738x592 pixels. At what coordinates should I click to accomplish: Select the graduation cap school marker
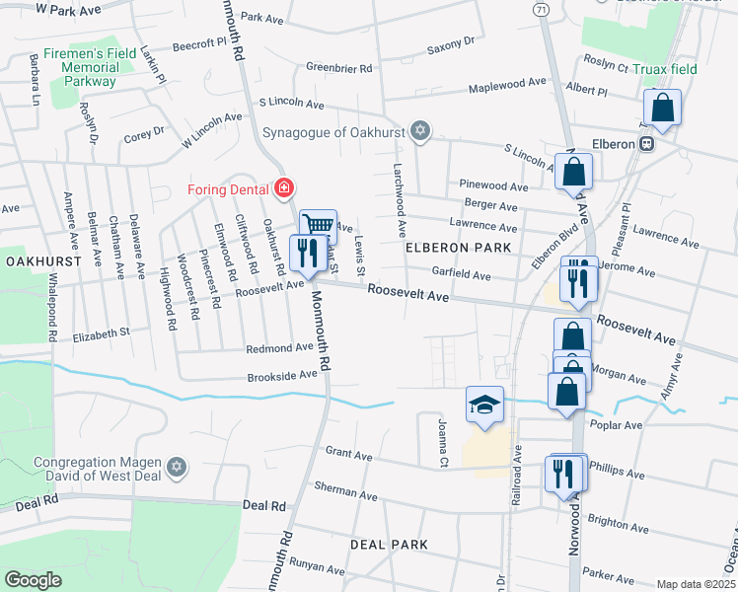click(483, 405)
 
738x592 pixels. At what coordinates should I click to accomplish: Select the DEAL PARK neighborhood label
click(389, 545)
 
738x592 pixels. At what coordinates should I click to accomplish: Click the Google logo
click(34, 579)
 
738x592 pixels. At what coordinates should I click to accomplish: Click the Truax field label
click(666, 69)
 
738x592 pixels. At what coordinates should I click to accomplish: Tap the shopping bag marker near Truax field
click(663, 108)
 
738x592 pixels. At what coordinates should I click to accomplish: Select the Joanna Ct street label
click(443, 442)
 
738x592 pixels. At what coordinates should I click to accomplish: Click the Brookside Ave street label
click(281, 377)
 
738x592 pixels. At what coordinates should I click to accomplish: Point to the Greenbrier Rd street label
click(338, 69)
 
